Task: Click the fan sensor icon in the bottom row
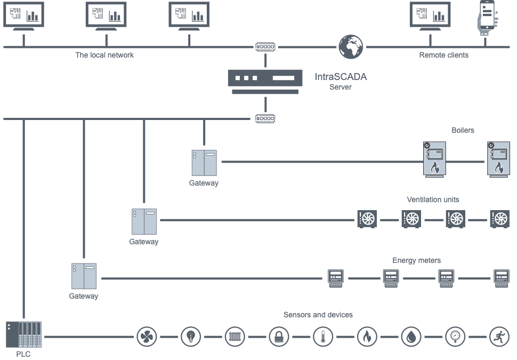[147, 337]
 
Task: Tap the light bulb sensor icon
[191, 337]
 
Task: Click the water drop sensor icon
[411, 337]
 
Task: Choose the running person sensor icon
[499, 337]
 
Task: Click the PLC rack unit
[24, 335]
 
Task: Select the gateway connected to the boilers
[204, 163]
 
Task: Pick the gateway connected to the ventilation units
[144, 221]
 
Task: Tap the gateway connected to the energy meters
[84, 276]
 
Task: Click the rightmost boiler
[498, 159]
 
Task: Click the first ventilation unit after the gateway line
[367, 219]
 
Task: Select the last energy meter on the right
[501, 278]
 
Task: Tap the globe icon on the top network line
[350, 47]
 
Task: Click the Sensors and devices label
[318, 315]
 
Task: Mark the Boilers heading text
[463, 130]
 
